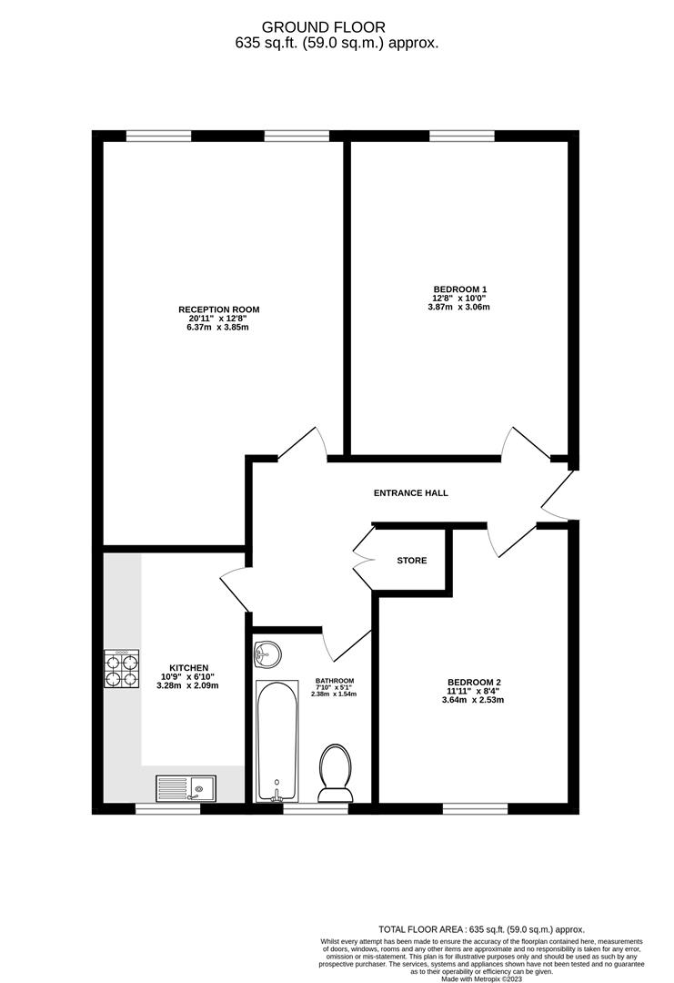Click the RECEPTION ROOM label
coord(218,309)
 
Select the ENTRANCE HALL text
coord(411,493)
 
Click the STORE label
coord(411,561)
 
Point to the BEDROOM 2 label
coord(474,683)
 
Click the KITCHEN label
coord(189,667)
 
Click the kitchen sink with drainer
coord(186,787)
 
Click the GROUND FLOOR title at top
coord(337,28)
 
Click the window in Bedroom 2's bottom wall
coord(475,808)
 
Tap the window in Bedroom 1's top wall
coord(462,137)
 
